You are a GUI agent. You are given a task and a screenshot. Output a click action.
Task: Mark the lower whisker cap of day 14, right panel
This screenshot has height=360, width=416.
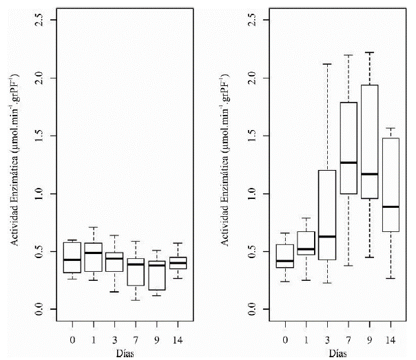click(x=391, y=278)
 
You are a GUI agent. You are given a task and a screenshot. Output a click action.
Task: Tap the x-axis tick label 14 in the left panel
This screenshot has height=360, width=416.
click(x=178, y=339)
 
